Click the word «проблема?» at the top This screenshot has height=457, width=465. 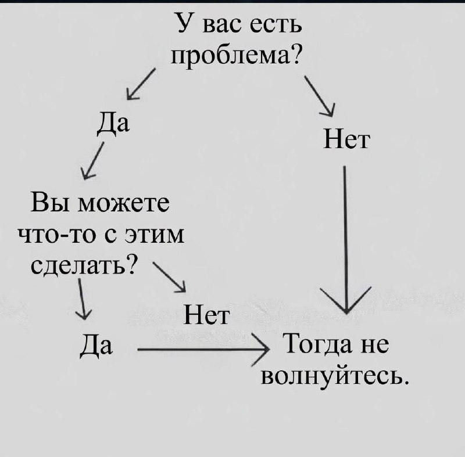click(237, 55)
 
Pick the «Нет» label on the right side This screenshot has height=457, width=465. click(346, 140)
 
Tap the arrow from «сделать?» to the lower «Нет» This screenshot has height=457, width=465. click(169, 277)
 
